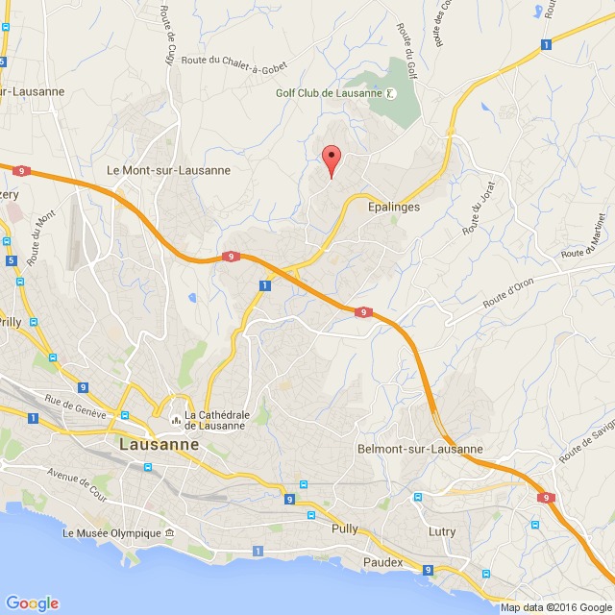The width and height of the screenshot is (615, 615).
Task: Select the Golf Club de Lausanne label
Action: click(x=329, y=93)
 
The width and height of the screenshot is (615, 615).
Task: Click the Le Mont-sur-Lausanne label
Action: click(x=169, y=170)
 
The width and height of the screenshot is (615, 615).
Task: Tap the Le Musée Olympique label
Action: click(x=111, y=532)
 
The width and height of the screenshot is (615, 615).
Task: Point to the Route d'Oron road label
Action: click(x=507, y=292)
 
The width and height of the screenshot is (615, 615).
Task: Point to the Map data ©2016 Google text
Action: click(x=554, y=607)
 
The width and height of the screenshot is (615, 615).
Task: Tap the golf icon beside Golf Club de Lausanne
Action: click(x=391, y=93)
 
